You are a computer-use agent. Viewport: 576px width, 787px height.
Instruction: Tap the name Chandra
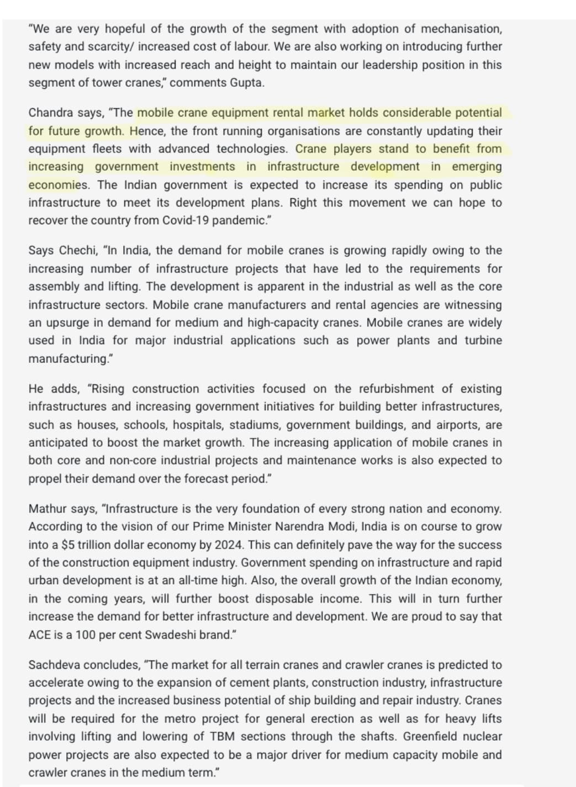(50, 113)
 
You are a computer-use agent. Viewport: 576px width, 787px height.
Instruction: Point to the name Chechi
(78, 250)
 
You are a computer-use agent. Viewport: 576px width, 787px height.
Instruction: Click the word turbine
(483, 340)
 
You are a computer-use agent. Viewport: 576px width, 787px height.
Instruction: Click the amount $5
(68, 545)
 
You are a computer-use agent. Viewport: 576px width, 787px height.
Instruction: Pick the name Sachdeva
(54, 665)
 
